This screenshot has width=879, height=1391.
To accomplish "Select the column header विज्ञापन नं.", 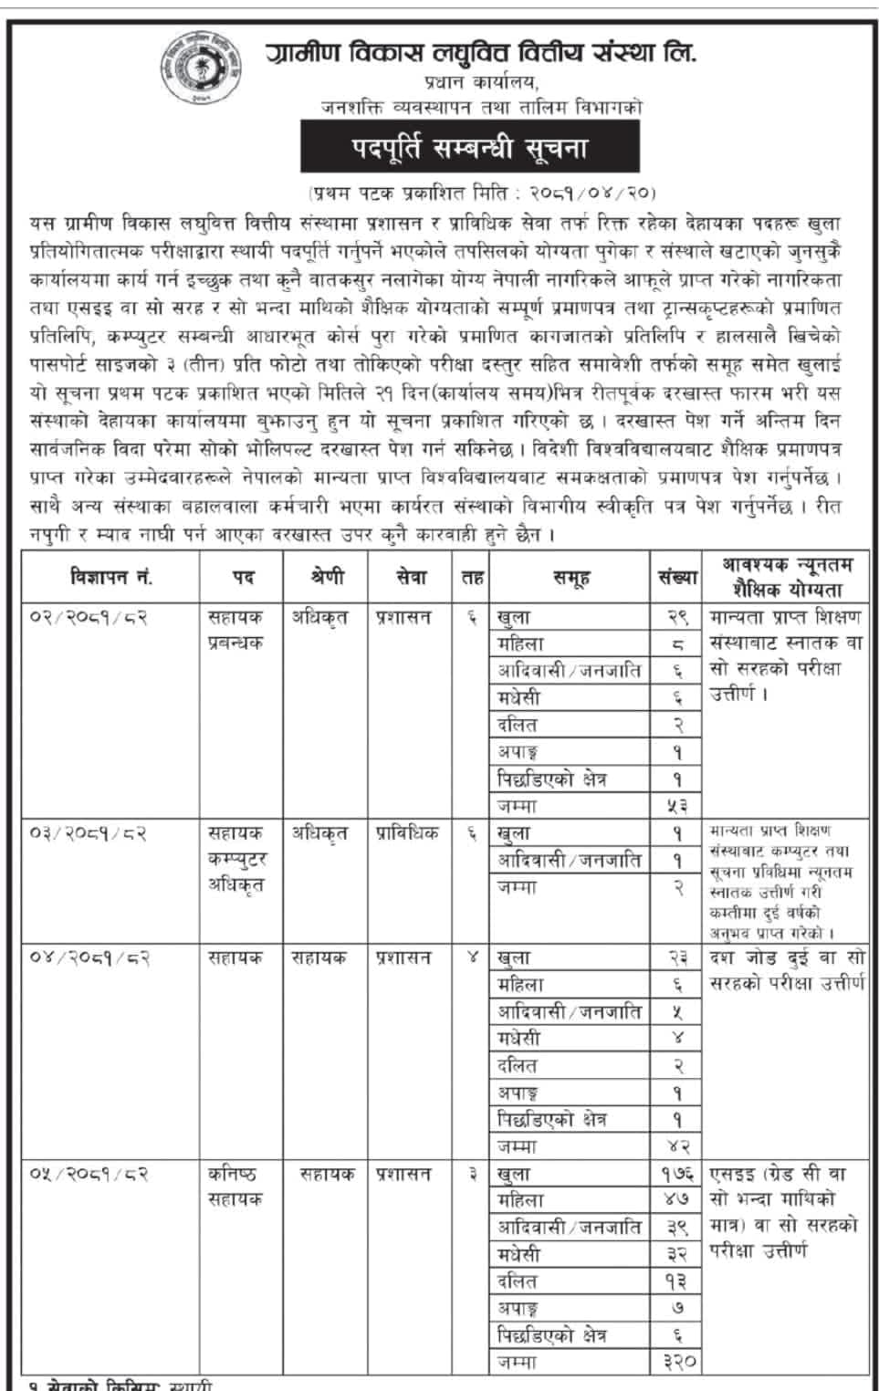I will pos(111,577).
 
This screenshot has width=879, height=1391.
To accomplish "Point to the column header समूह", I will pos(570,577).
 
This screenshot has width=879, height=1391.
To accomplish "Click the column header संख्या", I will pos(677,577).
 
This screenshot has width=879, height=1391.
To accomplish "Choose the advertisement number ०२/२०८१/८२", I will pos(89,617).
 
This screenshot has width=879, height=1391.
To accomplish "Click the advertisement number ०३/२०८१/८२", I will pos(89,833).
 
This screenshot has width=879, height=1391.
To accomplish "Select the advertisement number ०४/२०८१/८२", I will pos(89,958).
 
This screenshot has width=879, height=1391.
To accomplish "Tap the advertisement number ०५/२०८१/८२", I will pos(89,1175).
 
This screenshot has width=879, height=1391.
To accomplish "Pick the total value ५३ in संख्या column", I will pos(676,806).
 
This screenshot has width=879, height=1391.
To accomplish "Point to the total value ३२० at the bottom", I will pos(676,1362).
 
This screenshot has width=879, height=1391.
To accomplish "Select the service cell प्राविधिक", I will pos(407,833).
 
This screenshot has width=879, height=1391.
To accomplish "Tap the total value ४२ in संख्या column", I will pos(676,1146).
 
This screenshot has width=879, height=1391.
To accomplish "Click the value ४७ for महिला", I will pos(676,1200).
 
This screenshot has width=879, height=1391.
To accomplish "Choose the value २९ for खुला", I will pos(676,617).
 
